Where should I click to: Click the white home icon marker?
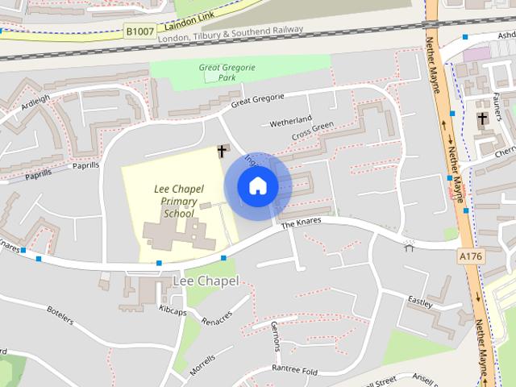point(257,186)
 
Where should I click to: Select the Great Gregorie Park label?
point(227,73)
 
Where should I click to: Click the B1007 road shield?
point(139,31)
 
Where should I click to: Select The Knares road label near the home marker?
point(301,223)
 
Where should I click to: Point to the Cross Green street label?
point(312,131)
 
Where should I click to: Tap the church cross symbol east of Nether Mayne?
point(482,120)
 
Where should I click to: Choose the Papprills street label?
point(74,166)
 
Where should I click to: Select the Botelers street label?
point(60,314)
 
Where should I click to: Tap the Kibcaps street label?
point(173,310)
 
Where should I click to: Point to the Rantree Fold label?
point(293,370)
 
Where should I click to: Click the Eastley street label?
point(420,302)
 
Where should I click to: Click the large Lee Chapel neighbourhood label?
point(206,281)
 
